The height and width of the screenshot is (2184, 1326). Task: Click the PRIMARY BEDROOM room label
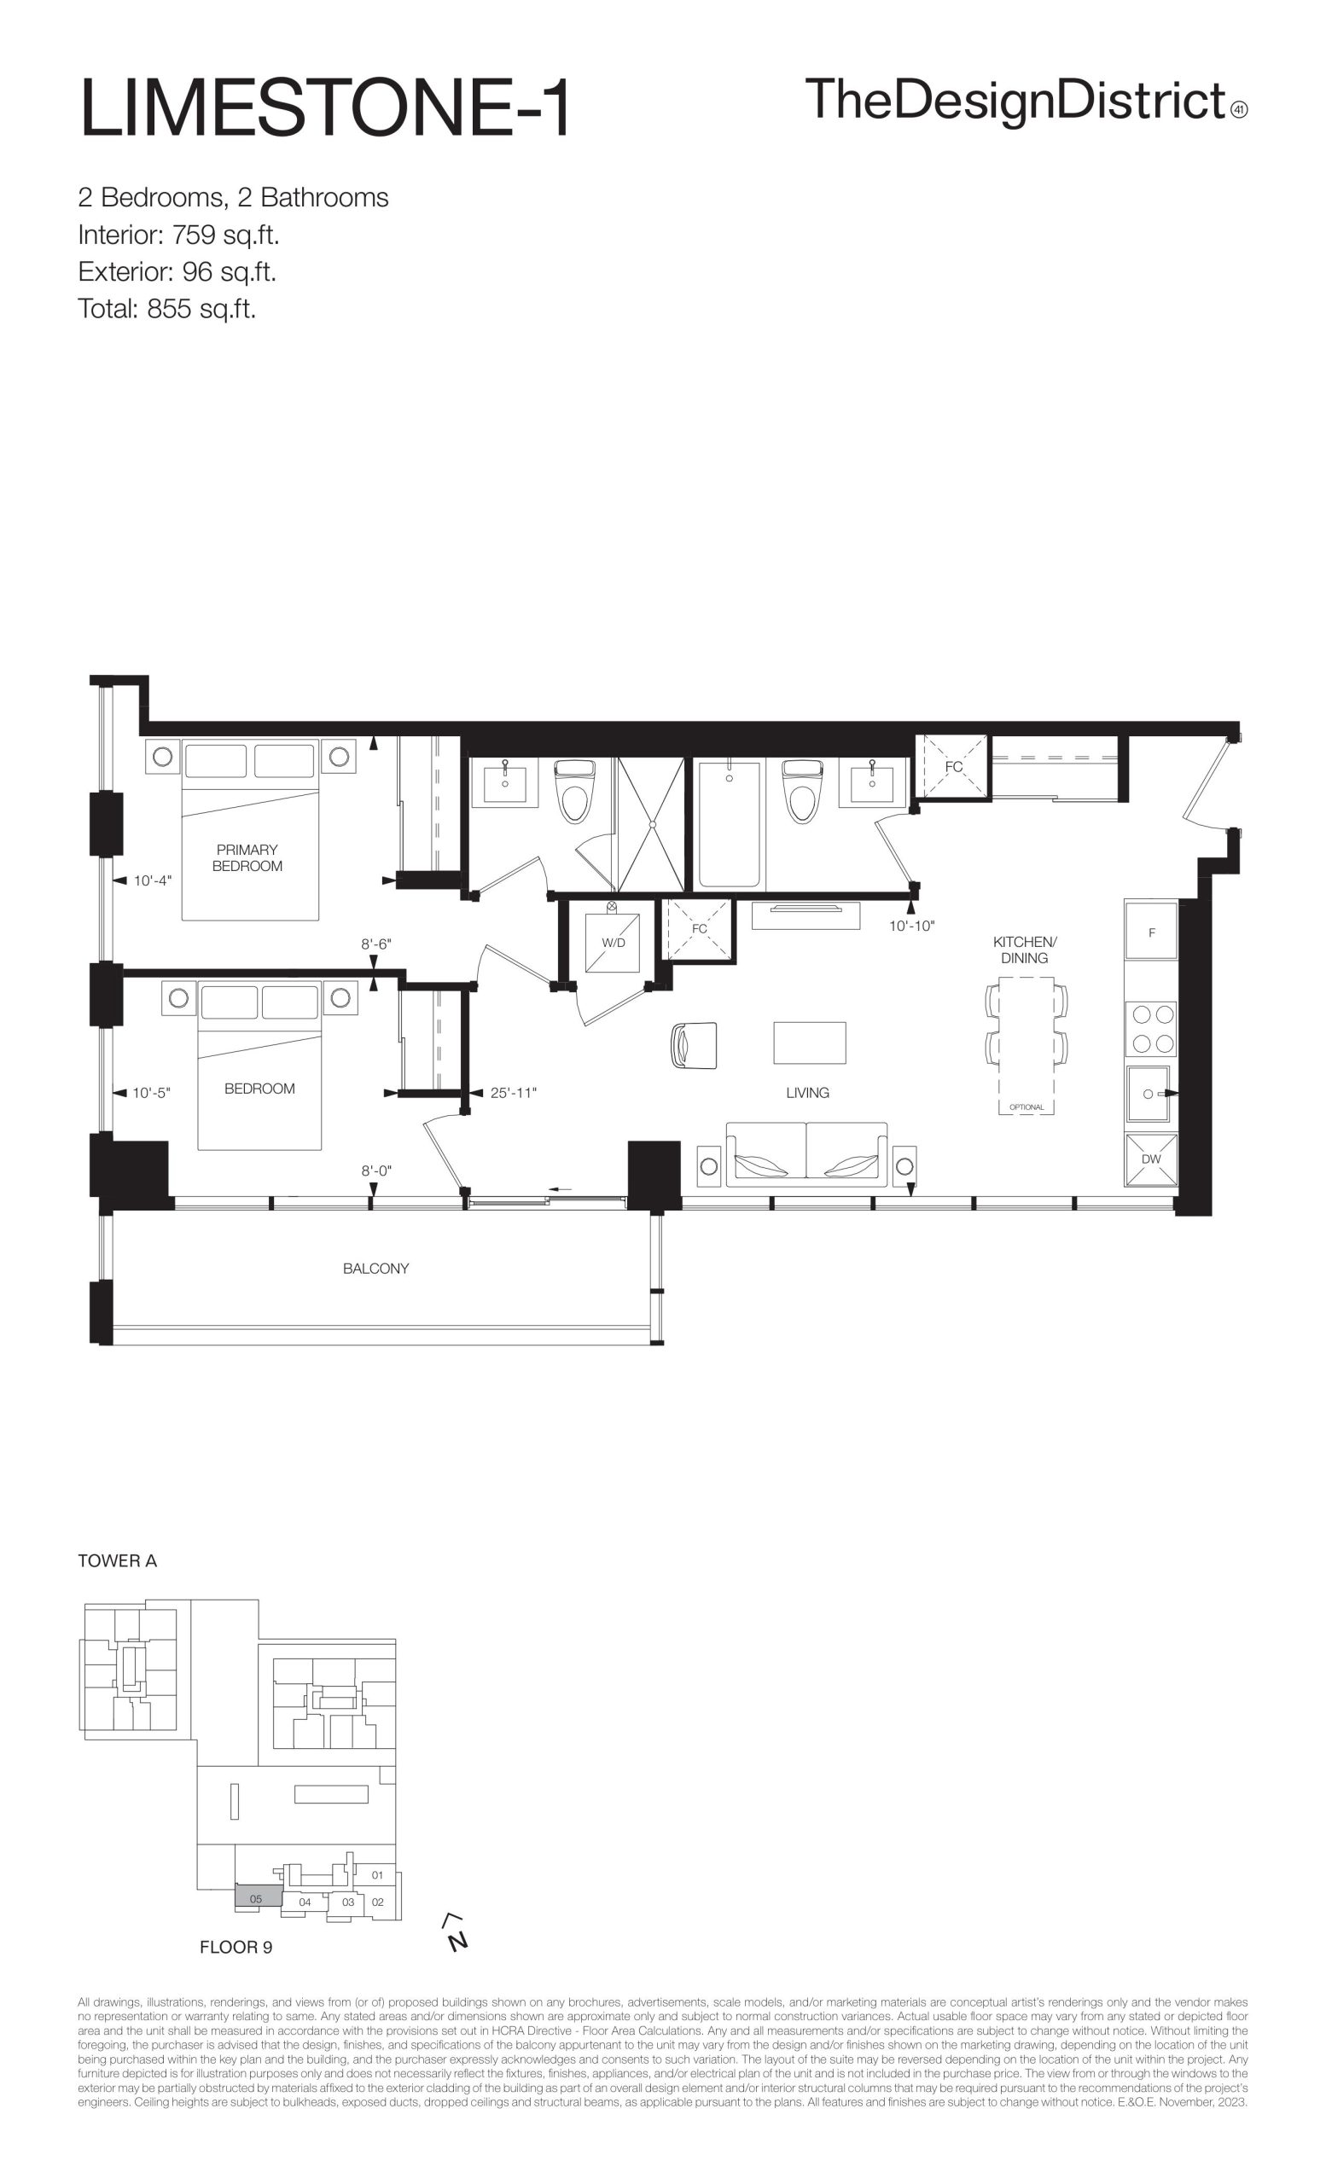(x=247, y=858)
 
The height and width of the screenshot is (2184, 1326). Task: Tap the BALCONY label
(x=375, y=1269)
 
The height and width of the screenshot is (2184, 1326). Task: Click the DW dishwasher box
(x=1150, y=1159)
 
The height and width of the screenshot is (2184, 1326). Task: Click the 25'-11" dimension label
(x=513, y=1093)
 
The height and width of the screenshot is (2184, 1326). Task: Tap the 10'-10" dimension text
(x=911, y=926)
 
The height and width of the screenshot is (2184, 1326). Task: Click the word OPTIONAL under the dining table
(x=1026, y=1107)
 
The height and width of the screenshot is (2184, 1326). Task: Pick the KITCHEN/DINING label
(x=1025, y=950)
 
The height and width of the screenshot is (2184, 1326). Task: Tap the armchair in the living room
(x=693, y=1045)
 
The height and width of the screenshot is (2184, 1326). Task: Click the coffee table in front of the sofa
(x=809, y=1043)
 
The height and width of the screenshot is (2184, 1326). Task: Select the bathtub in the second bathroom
(x=730, y=824)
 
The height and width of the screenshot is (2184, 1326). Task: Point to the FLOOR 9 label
(x=236, y=1948)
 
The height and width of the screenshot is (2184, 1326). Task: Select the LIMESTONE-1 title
(x=324, y=108)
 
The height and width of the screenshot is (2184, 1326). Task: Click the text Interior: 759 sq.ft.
(x=179, y=235)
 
